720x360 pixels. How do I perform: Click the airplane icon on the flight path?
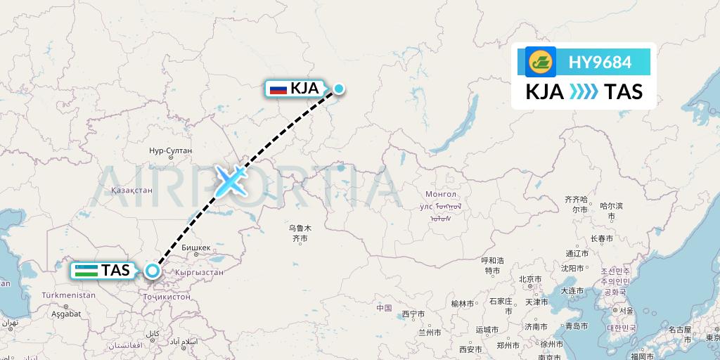(231, 180)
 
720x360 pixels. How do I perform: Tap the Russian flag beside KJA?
(278, 89)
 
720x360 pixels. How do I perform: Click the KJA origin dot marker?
(339, 89)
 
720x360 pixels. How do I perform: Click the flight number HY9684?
(600, 62)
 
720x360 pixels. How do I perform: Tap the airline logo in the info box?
(541, 62)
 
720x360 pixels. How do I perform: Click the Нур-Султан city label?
(170, 151)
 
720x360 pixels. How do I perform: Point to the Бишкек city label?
(196, 247)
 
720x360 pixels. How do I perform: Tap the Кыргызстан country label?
(199, 272)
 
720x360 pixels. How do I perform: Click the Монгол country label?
(441, 194)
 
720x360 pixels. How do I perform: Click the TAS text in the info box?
(623, 92)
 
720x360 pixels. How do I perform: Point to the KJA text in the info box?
(544, 92)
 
